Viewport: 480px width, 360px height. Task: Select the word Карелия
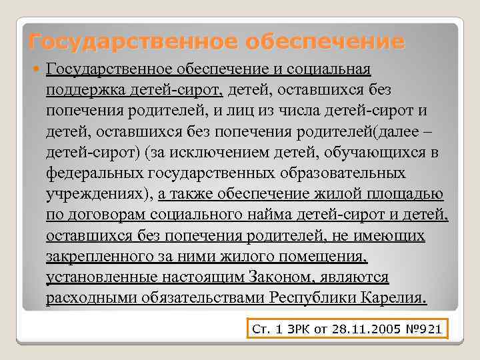click(393, 298)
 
